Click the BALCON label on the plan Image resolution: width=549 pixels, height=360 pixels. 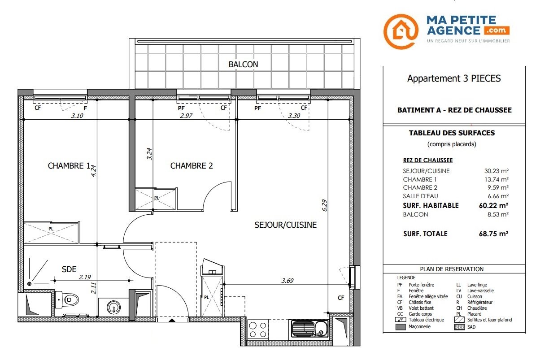pyautogui.click(x=243, y=65)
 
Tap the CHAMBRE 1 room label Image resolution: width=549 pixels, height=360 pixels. pyautogui.click(x=69, y=166)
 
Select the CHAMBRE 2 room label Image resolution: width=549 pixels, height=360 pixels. pyautogui.click(x=192, y=166)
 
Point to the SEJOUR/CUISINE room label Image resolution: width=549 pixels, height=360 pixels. pyautogui.click(x=286, y=225)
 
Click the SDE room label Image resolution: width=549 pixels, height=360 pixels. pyautogui.click(x=69, y=269)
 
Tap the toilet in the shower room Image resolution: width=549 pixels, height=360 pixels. pyautogui.click(x=67, y=299)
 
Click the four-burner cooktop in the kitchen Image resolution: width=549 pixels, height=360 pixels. pyautogui.click(x=257, y=330)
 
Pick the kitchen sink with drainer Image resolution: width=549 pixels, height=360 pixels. pyautogui.click(x=310, y=329)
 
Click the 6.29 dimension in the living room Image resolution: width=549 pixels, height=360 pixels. pyautogui.click(x=324, y=205)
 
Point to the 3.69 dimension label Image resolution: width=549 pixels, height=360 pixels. pyautogui.click(x=287, y=281)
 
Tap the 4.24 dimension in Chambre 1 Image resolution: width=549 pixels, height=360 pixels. pyautogui.click(x=93, y=171)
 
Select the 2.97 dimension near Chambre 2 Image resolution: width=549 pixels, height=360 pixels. pyautogui.click(x=186, y=116)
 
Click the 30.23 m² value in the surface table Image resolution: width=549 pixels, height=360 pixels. pyautogui.click(x=497, y=171)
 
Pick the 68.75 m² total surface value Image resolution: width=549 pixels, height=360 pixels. pyautogui.click(x=494, y=234)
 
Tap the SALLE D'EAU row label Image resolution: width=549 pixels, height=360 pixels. pyautogui.click(x=420, y=196)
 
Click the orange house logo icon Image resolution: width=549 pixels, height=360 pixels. pyautogui.click(x=401, y=31)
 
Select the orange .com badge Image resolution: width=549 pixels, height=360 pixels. pyautogui.click(x=497, y=30)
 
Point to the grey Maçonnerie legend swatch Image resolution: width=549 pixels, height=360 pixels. pyautogui.click(x=401, y=327)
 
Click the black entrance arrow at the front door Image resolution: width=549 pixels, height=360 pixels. pyautogui.click(x=172, y=320)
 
